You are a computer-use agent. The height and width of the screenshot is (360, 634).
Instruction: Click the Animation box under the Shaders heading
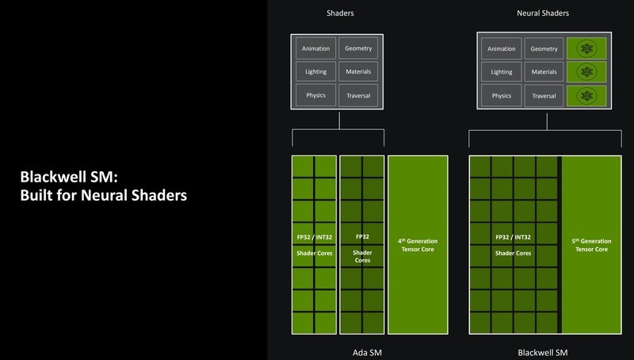click(x=316, y=48)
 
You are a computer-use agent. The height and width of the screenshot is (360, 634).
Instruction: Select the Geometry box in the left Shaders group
click(x=359, y=48)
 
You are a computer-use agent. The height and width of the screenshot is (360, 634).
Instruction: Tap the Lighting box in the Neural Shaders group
click(x=501, y=72)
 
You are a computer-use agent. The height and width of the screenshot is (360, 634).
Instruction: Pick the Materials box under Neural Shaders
click(x=544, y=72)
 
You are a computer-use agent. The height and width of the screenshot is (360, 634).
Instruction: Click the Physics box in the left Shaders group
click(x=316, y=96)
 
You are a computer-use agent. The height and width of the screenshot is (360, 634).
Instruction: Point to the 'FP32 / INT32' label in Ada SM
click(x=314, y=237)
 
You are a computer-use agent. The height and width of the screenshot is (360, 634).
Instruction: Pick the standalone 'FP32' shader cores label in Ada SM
click(x=361, y=237)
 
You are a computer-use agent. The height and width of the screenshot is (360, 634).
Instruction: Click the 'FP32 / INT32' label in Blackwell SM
click(x=514, y=237)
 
